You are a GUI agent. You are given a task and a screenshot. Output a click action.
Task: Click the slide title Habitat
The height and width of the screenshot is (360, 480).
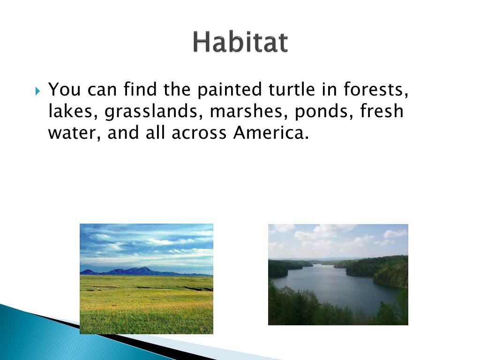click(x=240, y=42)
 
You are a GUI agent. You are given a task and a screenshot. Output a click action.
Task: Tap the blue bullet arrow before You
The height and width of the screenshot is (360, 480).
click(x=37, y=91)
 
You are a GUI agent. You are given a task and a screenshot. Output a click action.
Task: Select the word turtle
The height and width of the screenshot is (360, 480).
click(x=292, y=89)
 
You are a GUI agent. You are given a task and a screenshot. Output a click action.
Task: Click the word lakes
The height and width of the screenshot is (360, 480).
click(x=70, y=111)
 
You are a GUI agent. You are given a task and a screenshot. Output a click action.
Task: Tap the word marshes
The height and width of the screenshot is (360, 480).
click(x=248, y=111)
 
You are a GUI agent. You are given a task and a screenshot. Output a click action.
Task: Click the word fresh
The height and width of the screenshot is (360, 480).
click(x=382, y=111)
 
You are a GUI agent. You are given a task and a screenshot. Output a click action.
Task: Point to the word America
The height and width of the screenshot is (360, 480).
click(x=271, y=133)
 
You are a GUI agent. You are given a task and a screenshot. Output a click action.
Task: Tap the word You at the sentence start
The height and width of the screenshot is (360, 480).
click(x=65, y=90)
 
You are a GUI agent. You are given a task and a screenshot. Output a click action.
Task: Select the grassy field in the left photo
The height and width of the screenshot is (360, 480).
click(x=146, y=305)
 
